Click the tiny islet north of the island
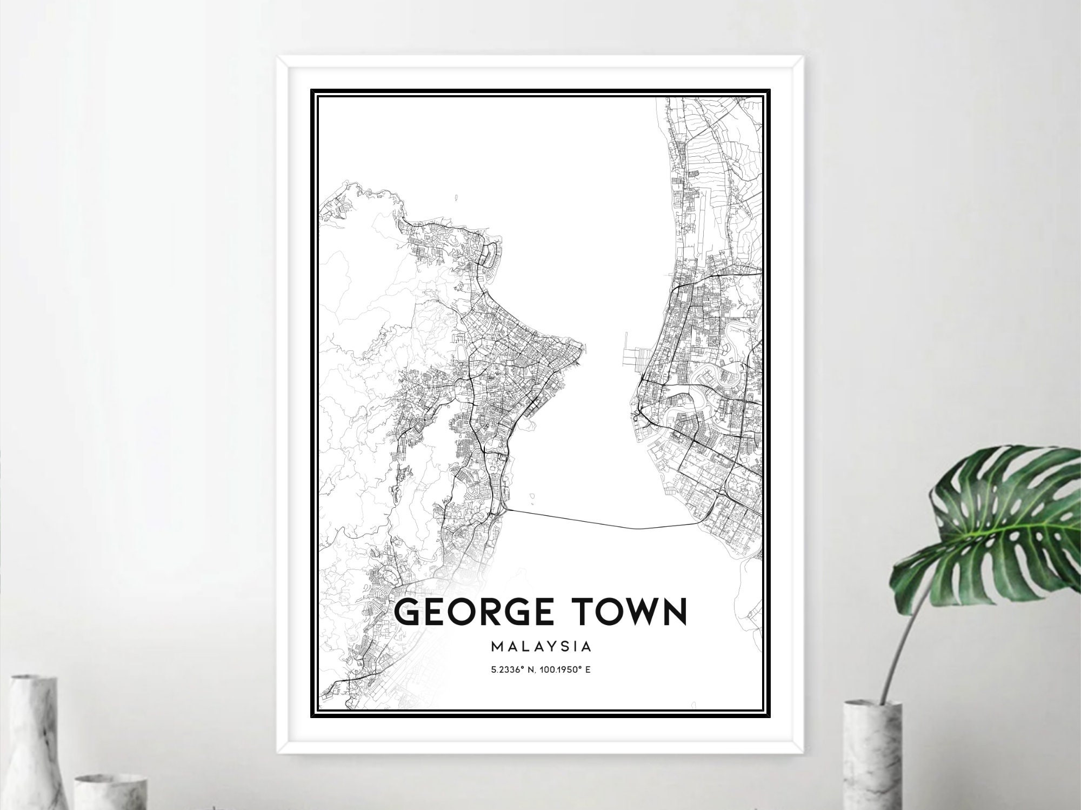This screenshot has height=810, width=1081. click(457, 198)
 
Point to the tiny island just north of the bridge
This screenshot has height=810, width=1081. click(532, 495)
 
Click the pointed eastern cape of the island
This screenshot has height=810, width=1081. click(580, 346)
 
